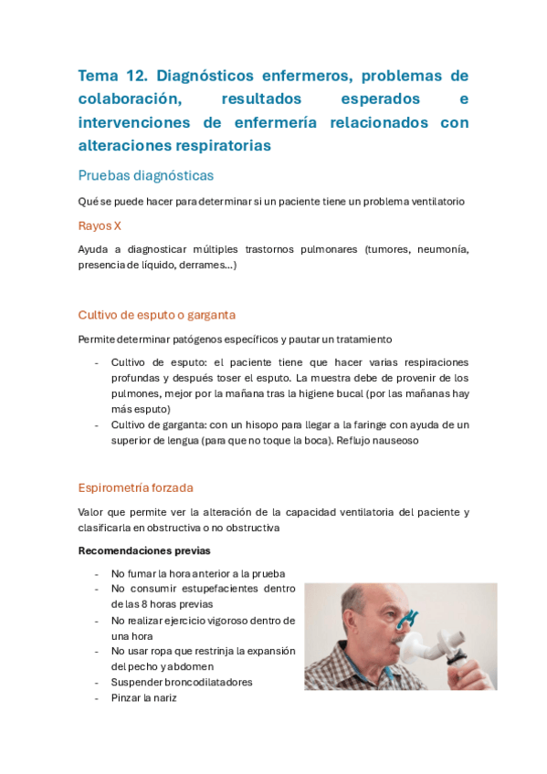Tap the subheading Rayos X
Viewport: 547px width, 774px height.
click(100, 225)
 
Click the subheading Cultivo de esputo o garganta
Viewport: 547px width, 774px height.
click(157, 315)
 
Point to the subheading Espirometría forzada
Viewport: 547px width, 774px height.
click(136, 487)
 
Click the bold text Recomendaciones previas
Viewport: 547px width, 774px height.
click(144, 550)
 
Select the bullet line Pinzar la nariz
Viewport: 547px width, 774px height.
click(143, 697)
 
